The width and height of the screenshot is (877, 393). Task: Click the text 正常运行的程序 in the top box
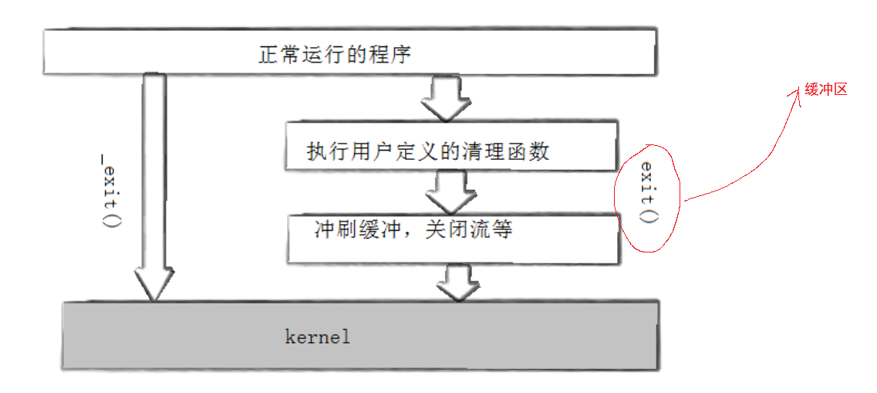point(335,56)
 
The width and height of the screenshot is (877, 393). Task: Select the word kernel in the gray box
point(317,337)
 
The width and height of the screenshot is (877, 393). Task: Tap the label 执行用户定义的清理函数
point(428,151)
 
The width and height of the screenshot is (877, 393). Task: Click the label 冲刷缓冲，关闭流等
point(413,229)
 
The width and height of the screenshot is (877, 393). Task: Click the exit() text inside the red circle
point(648,192)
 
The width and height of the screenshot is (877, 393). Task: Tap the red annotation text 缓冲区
point(826,90)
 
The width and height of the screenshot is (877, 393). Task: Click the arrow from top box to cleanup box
point(445,98)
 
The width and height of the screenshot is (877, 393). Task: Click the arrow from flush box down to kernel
point(457,282)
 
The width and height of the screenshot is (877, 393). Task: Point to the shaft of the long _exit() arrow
point(154,170)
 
